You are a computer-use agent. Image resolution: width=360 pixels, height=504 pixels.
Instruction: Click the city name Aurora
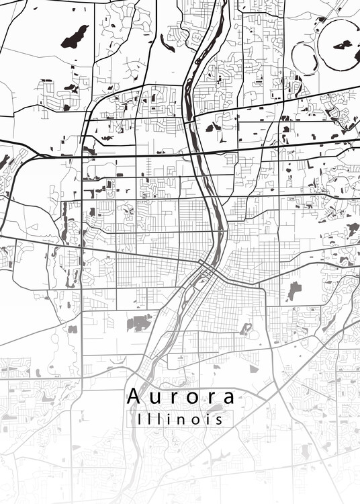pyautogui.click(x=181, y=396)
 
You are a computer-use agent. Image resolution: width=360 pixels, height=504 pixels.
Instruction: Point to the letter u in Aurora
pyautogui.click(x=155, y=398)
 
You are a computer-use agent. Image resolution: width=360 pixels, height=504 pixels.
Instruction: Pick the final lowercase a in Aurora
pyautogui.click(x=228, y=398)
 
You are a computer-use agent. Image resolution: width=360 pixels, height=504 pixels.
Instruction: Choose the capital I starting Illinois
pyautogui.click(x=138, y=419)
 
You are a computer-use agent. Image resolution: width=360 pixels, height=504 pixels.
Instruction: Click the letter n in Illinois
pyautogui.click(x=182, y=420)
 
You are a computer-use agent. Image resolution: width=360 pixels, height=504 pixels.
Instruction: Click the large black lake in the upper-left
pyautogui.click(x=75, y=36)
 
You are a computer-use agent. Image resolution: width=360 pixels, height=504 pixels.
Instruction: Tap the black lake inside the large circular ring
pyautogui.click(x=343, y=46)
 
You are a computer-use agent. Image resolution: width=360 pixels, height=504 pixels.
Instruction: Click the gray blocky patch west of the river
pyautogui.click(x=140, y=323)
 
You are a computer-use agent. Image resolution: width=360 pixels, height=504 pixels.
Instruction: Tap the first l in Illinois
pyautogui.click(x=148, y=419)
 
